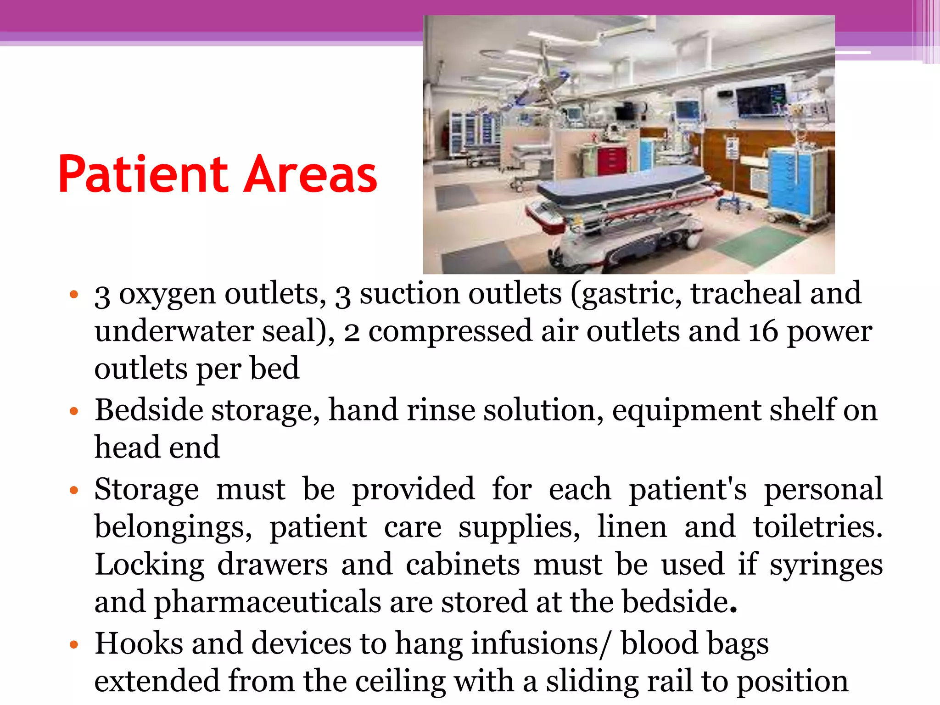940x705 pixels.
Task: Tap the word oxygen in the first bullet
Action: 167,295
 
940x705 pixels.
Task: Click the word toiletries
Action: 817,527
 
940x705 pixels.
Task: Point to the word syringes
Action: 826,565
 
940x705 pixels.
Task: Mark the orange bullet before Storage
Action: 74,491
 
